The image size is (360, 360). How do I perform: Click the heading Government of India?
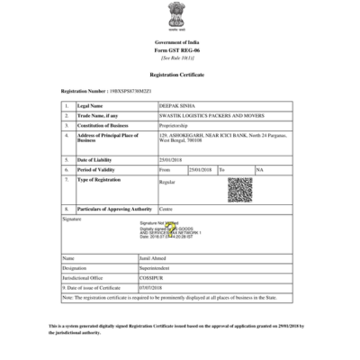(179, 42)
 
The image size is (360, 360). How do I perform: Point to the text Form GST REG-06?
(179, 49)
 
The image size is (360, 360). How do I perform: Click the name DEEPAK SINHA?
(175, 106)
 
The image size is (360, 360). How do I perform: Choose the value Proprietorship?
(175, 124)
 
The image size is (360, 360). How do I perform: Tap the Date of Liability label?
(94, 160)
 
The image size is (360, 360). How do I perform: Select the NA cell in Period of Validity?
(259, 169)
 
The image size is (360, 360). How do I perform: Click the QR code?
(239, 190)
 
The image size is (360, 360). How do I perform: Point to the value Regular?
(167, 182)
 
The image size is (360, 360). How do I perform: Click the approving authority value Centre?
(166, 209)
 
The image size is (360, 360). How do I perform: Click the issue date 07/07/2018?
(151, 287)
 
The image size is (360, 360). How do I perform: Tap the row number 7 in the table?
(67, 178)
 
